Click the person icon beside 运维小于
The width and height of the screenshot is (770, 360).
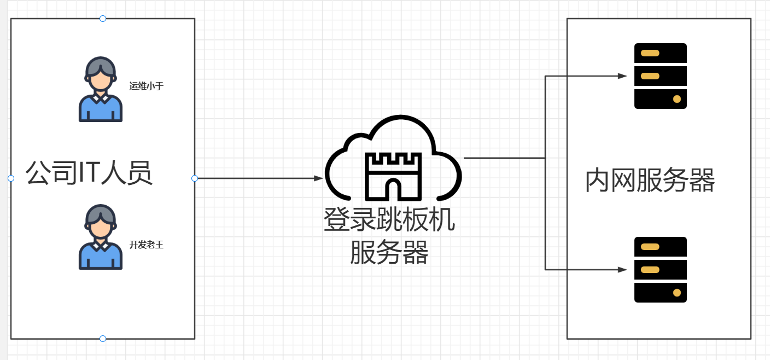point(101,89)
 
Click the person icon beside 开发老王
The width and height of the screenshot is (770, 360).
point(101,237)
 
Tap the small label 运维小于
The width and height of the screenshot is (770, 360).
point(147,86)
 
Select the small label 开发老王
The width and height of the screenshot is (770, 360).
point(147,245)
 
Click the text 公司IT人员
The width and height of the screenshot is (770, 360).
point(89,173)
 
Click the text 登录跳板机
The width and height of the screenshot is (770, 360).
point(389,220)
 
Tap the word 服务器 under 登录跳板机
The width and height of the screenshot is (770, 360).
point(389,252)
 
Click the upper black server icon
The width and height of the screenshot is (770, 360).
point(660,76)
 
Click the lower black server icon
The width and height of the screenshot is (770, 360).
point(660,270)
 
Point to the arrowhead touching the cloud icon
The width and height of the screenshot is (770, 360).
point(319,178)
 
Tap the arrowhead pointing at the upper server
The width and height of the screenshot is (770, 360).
point(622,76)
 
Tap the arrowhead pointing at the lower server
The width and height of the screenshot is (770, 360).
point(622,270)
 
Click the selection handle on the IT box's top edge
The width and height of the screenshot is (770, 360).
point(103,19)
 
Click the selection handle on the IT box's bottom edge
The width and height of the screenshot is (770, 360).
point(103,339)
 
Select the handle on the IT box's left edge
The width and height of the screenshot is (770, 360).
point(11,178)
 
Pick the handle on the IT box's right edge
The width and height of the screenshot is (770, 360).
point(195,178)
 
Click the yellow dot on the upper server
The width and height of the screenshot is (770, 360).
point(677,99)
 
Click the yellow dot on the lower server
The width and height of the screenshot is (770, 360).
point(677,293)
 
